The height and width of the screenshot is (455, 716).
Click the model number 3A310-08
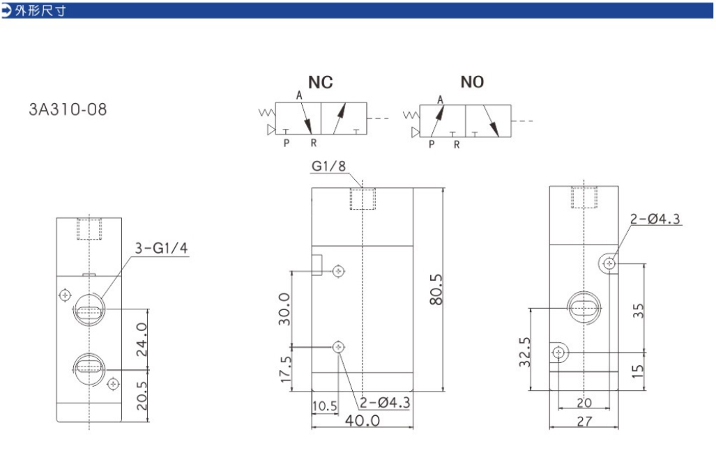[68, 109]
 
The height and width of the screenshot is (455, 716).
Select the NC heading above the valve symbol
[321, 82]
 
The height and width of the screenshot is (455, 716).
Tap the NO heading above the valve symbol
[472, 82]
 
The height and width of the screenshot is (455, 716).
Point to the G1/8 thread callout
[328, 166]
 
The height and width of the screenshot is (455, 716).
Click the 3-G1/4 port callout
[161, 248]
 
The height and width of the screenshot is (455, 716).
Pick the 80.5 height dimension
[436, 289]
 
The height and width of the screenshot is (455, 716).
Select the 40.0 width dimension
[362, 420]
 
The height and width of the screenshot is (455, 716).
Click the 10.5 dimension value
[325, 406]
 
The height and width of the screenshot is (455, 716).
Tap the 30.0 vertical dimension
[284, 309]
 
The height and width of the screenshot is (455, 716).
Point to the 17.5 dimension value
[285, 369]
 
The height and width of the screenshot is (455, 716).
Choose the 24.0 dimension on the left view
[142, 339]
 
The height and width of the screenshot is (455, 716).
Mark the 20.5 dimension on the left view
[142, 396]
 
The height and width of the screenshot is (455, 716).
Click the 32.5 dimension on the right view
[525, 352]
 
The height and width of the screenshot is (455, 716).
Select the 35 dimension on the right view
[638, 311]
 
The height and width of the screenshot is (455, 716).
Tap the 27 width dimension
[584, 422]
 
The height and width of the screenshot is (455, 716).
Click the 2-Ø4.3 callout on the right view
[655, 219]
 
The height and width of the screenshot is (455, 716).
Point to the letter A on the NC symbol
[299, 95]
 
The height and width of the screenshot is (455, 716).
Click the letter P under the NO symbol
[432, 145]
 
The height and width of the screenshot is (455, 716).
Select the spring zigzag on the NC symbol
[267, 112]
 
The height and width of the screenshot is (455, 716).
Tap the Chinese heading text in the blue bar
[40, 10]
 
